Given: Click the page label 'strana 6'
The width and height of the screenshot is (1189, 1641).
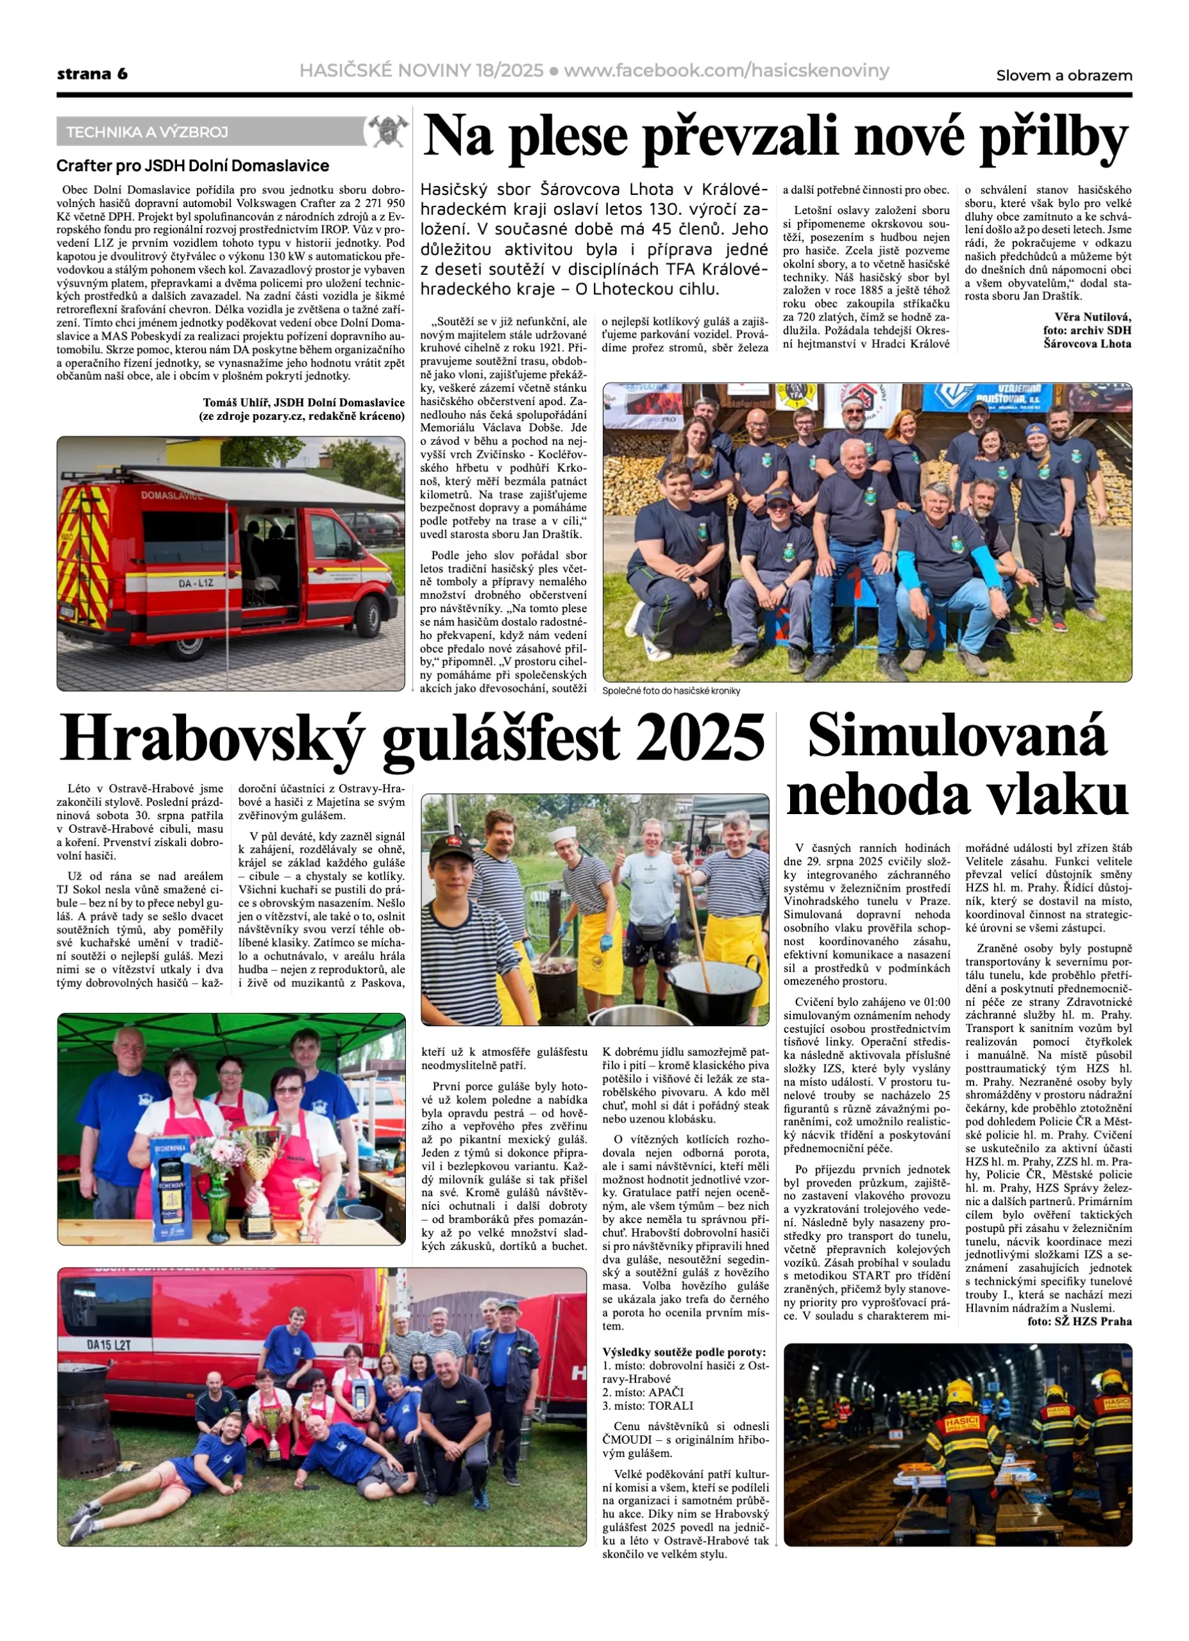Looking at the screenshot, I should tap(92, 74).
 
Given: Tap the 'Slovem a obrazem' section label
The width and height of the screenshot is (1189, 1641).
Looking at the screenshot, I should tap(1063, 75).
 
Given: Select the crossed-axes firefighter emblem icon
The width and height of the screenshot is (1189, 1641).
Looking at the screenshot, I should tap(387, 131).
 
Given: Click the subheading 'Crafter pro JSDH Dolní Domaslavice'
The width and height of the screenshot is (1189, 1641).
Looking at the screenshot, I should tap(192, 165).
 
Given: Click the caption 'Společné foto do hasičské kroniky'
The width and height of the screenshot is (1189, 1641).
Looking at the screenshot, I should tap(671, 691).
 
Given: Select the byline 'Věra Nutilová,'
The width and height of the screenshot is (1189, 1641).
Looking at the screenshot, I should tap(1092, 317).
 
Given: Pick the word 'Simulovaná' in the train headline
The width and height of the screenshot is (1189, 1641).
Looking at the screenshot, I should tap(957, 735).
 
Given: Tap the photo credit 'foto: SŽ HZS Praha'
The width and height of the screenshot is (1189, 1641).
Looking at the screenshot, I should tap(1079, 1321).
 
